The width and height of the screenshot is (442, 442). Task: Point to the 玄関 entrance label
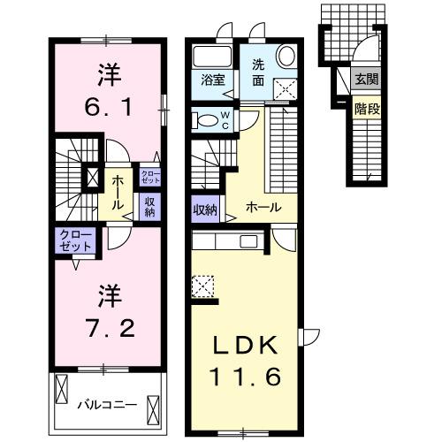pyautogui.click(x=365, y=78)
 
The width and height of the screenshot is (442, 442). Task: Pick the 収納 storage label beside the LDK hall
pyautogui.click(x=205, y=210)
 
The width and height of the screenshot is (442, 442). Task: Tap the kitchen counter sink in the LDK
pyautogui.click(x=248, y=240)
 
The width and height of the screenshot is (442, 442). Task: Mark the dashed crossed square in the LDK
pyautogui.click(x=202, y=286)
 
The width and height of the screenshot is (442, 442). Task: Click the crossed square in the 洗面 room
pyautogui.click(x=286, y=88)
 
